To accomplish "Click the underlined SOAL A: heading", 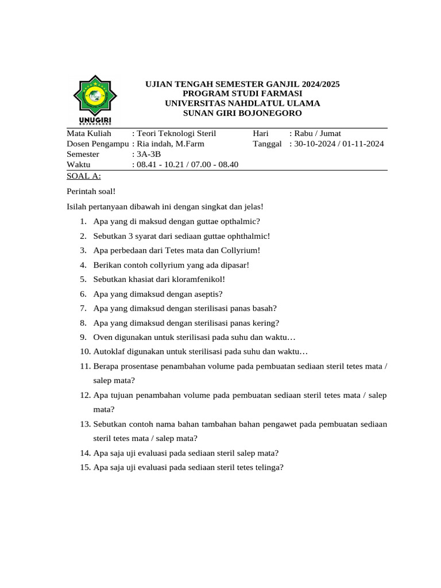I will pos(84,176).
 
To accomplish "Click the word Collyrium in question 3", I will pos(238,250).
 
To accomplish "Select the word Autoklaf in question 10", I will pos(109,352).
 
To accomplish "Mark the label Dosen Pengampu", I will pos(98,144).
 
